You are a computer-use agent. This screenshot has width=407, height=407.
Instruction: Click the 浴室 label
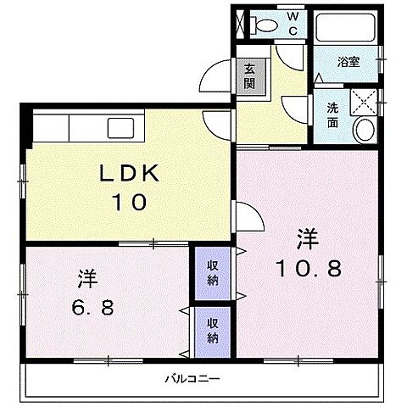click(x=347, y=61)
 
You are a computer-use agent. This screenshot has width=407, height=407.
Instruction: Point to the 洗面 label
click(x=332, y=114)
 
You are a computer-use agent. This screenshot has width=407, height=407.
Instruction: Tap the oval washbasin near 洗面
click(x=365, y=130)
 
